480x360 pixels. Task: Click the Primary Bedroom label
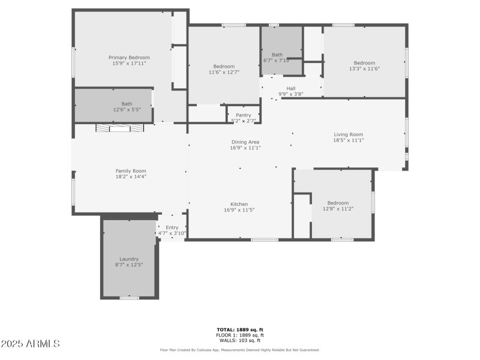(129, 58)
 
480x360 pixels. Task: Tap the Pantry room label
(244, 115)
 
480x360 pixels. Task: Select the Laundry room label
(129, 259)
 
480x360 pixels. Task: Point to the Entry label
(172, 227)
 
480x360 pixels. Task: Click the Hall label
(291, 89)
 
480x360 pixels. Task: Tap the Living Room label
(349, 134)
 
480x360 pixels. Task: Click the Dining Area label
(245, 142)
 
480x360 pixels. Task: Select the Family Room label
(131, 171)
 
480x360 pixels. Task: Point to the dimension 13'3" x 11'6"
(364, 68)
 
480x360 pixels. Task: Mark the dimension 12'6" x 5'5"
(127, 109)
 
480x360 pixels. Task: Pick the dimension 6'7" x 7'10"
(277, 61)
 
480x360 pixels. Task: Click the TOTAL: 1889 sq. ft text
(239, 329)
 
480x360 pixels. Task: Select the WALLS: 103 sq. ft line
(239, 340)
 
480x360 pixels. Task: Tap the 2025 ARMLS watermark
(30, 344)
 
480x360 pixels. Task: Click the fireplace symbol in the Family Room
(120, 128)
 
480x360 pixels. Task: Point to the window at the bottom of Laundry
(129, 298)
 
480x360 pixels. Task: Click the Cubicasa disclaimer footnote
(239, 350)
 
